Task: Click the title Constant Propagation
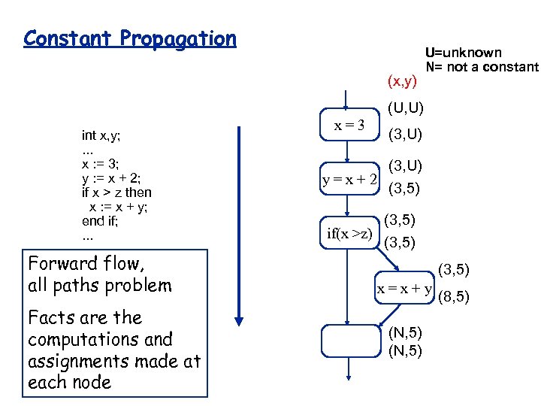(x=129, y=39)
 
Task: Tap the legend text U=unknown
(x=463, y=53)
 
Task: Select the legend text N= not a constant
(x=482, y=67)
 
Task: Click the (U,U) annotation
(x=406, y=109)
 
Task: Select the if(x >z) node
(x=349, y=233)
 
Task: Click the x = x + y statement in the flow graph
(x=404, y=289)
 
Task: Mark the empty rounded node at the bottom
(x=346, y=340)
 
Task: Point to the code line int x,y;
(x=101, y=135)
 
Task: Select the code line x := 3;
(x=100, y=164)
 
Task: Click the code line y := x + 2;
(x=110, y=178)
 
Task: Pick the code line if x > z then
(x=116, y=192)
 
